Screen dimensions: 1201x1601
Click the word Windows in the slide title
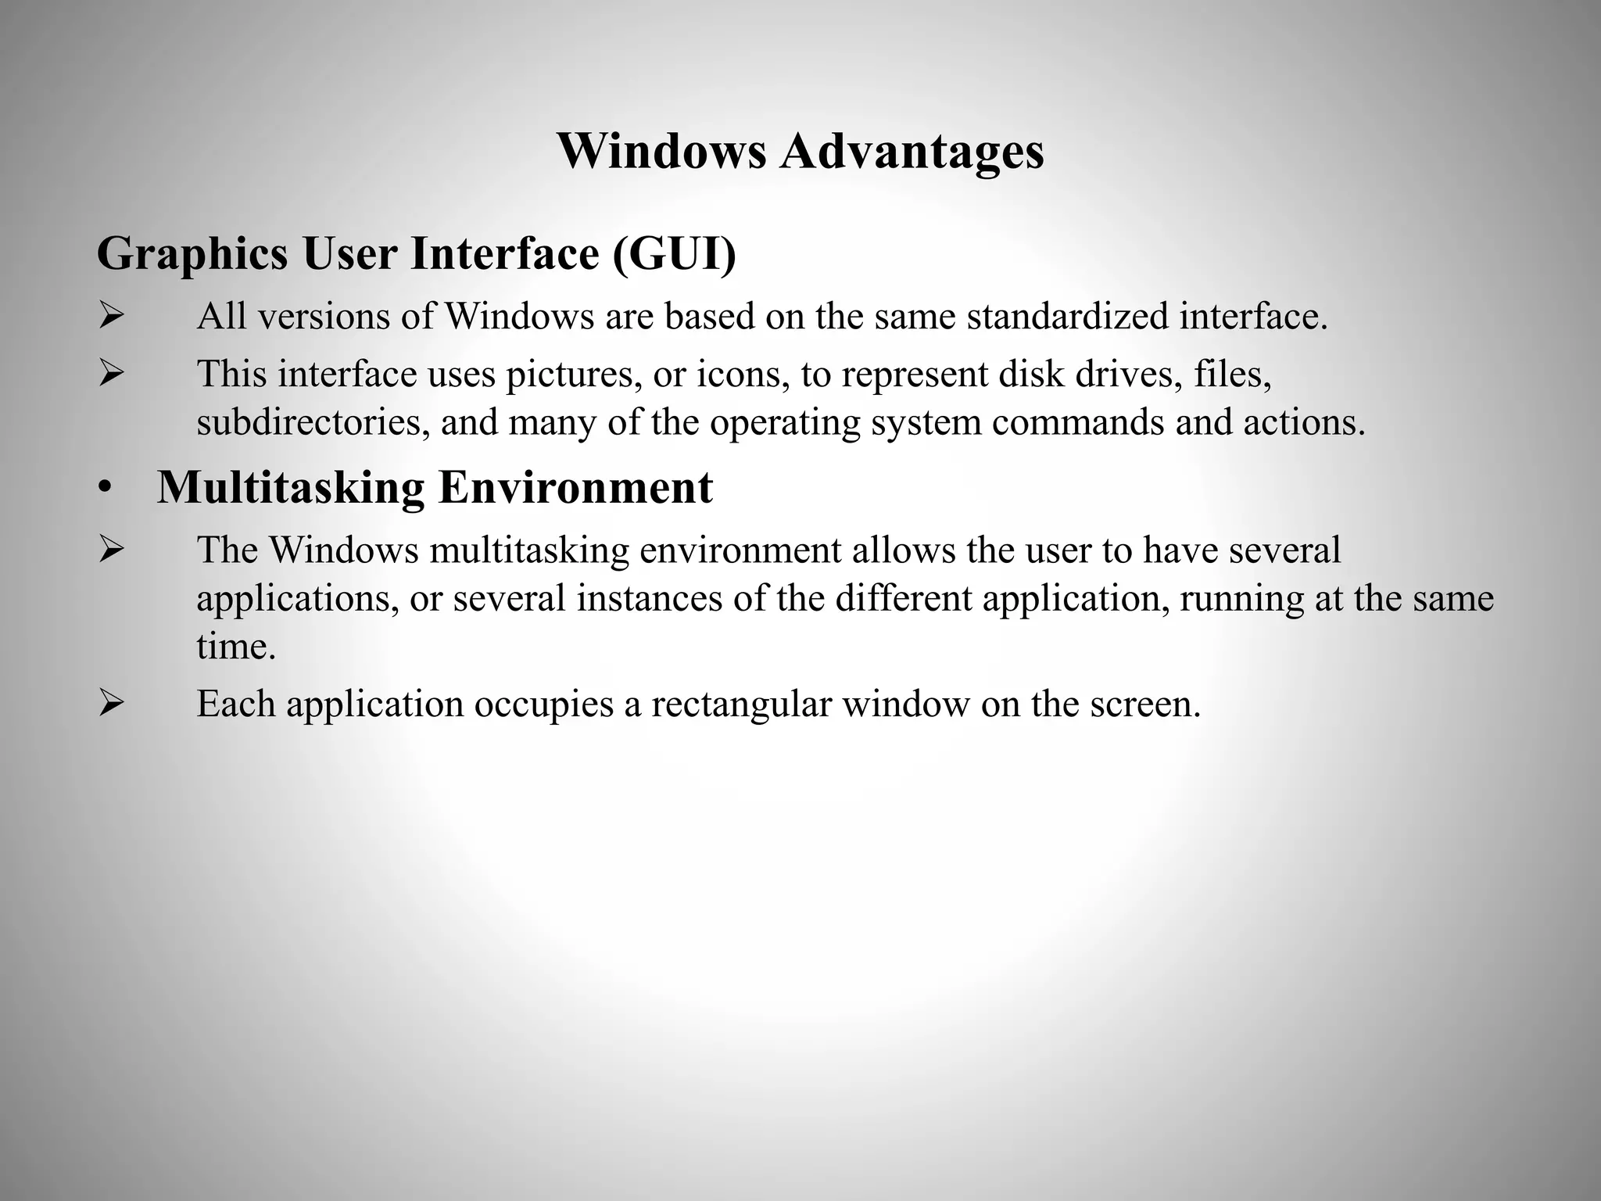pyautogui.click(x=661, y=151)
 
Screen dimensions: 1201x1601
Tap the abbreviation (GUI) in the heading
pyautogui.click(x=674, y=253)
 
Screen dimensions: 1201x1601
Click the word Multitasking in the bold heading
pyautogui.click(x=291, y=487)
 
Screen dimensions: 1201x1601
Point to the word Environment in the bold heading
pyautogui.click(x=575, y=487)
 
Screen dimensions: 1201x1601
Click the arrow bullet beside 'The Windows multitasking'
pyautogui.click(x=111, y=550)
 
